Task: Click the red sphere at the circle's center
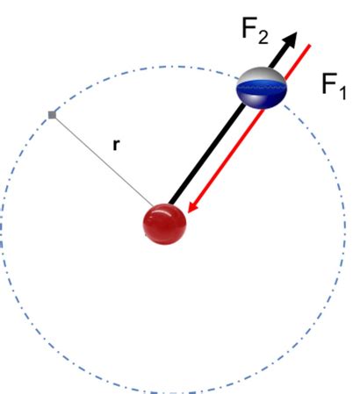(x=164, y=224)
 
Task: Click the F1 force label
(x=334, y=86)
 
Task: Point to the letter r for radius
(x=116, y=146)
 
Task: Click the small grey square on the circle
(x=53, y=114)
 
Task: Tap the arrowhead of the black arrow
(x=291, y=40)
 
